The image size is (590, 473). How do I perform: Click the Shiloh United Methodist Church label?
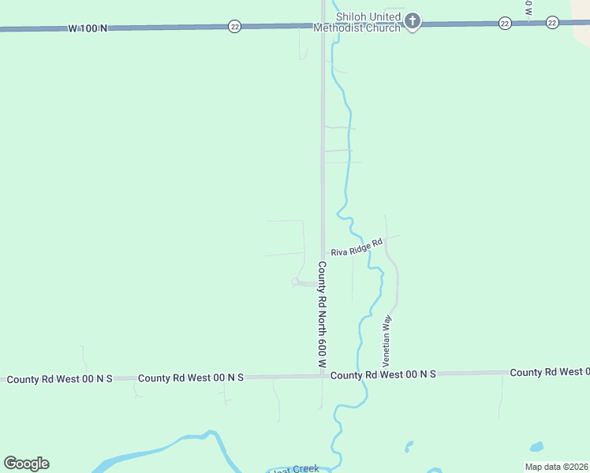coord(369,22)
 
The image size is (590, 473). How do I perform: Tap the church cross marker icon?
coord(412,21)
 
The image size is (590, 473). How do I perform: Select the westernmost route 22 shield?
coord(234,26)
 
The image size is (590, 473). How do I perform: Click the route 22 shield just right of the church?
coord(504,24)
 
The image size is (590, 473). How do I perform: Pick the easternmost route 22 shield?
coord(553,22)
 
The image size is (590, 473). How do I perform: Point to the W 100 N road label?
coord(88,28)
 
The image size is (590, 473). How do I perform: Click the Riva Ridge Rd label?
coord(357,248)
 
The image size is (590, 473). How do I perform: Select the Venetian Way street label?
coord(387,340)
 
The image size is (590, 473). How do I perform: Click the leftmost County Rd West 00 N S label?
coord(60,379)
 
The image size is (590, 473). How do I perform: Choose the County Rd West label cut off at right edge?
coord(549,372)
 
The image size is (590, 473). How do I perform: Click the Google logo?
coord(26,464)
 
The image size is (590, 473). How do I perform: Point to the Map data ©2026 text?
coord(556,467)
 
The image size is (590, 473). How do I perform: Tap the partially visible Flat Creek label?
coord(295,469)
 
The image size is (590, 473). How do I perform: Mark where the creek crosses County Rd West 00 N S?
coord(360,375)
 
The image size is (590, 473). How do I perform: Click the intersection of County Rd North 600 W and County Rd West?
coord(322,376)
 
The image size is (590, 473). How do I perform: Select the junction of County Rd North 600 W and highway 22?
coord(323,25)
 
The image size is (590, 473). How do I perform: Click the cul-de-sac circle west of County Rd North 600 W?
coord(295,281)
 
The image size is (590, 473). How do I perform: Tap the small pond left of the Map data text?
coord(536,446)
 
